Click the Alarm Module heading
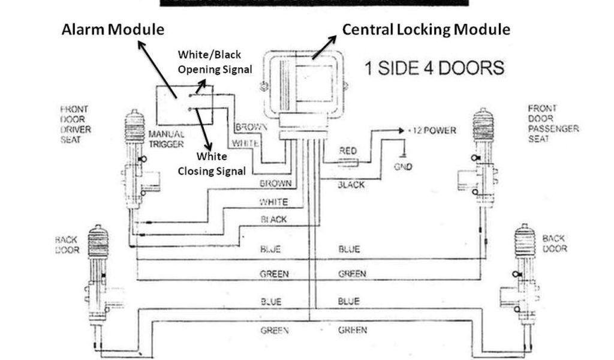[112, 29]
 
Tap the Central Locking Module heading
[426, 29]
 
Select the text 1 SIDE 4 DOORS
[434, 68]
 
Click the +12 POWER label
[432, 130]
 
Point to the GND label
[403, 167]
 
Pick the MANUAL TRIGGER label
[166, 139]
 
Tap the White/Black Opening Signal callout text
[214, 62]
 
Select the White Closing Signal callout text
[212, 164]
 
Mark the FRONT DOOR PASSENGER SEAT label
[552, 124]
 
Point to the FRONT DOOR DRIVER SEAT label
[75, 124]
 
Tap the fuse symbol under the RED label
[348, 162]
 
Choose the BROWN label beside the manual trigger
[246, 127]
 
